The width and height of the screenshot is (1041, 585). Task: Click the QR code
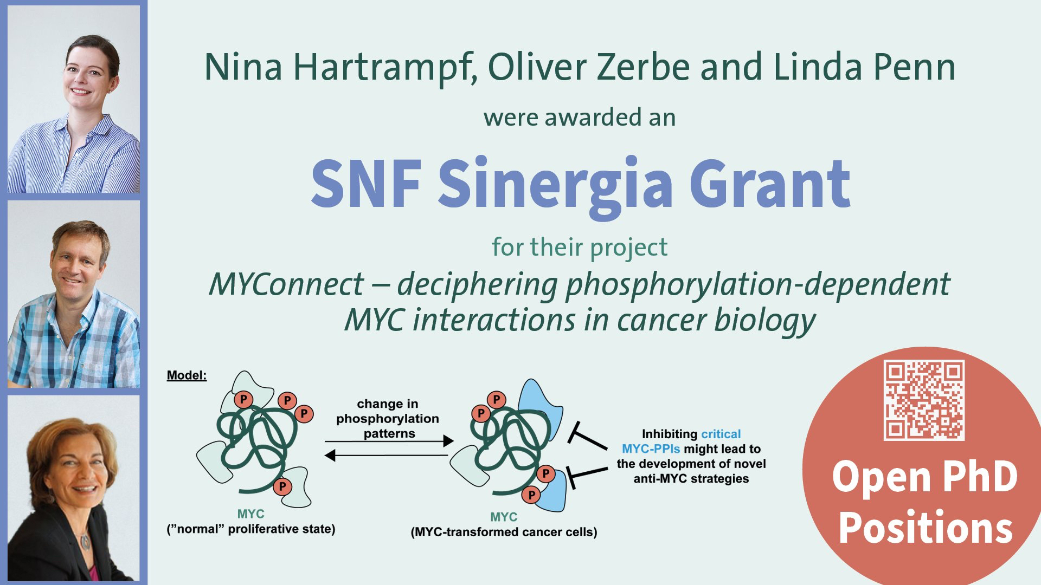pyautogui.click(x=924, y=400)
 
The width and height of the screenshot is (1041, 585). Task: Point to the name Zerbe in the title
pyautogui.click(x=643, y=67)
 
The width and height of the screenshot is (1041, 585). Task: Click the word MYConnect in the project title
pyautogui.click(x=286, y=284)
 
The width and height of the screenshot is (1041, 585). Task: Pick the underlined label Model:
pyautogui.click(x=187, y=375)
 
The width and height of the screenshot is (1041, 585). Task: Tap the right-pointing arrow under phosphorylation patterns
pyautogui.click(x=389, y=441)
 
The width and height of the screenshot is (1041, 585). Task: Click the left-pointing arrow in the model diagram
pyautogui.click(x=386, y=456)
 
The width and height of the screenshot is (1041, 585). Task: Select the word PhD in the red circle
pyautogui.click(x=980, y=477)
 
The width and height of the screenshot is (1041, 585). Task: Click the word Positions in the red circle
pyautogui.click(x=926, y=528)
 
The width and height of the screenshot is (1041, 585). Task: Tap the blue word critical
pyautogui.click(x=721, y=434)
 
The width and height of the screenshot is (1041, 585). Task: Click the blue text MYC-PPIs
pyautogui.click(x=651, y=449)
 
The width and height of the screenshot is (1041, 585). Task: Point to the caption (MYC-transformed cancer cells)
pyautogui.click(x=504, y=532)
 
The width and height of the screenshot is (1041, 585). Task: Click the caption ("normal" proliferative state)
pyautogui.click(x=250, y=529)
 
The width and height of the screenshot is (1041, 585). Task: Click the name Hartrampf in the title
pyautogui.click(x=385, y=68)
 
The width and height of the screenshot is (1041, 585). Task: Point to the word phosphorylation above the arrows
pyautogui.click(x=388, y=419)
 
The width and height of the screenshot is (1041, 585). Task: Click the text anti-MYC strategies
pyautogui.click(x=691, y=479)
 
